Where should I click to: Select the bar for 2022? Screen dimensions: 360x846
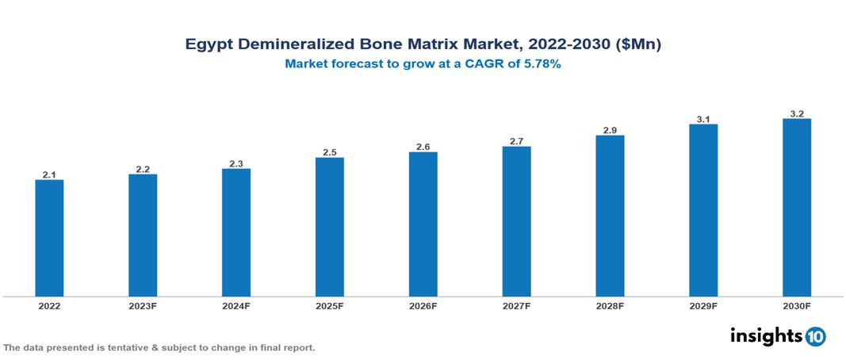(x=49, y=238)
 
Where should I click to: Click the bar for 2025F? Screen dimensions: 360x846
(x=329, y=227)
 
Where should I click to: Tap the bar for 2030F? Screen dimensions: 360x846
(x=796, y=208)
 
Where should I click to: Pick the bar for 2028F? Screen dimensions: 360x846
(x=610, y=216)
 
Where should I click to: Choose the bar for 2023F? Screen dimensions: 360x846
(x=143, y=236)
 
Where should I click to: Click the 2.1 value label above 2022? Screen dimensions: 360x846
(x=49, y=174)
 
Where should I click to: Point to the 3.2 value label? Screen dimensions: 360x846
(x=797, y=113)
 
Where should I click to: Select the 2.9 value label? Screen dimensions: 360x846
(x=610, y=130)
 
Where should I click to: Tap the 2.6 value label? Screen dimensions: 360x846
(x=423, y=147)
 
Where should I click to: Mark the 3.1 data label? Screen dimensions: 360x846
(x=703, y=119)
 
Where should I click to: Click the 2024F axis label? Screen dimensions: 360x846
(x=236, y=305)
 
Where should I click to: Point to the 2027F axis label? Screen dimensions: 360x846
(x=516, y=305)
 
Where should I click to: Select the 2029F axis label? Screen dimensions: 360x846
(x=703, y=305)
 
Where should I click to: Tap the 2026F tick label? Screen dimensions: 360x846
(x=423, y=305)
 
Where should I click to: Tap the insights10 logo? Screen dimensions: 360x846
(x=778, y=336)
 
